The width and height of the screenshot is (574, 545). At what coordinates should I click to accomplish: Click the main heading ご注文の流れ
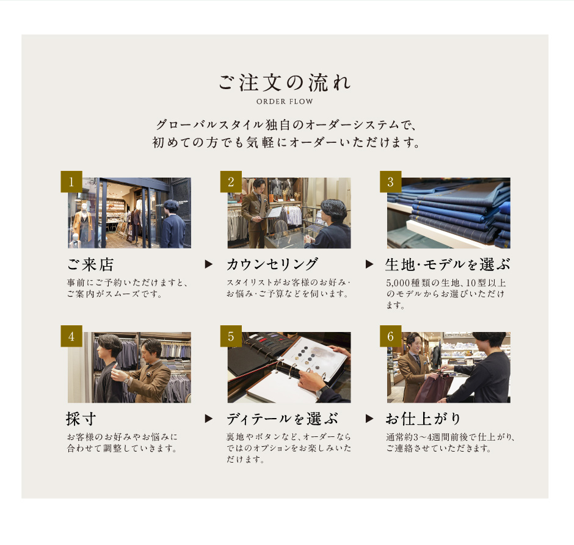285,82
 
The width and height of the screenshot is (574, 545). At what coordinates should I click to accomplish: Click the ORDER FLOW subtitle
285,102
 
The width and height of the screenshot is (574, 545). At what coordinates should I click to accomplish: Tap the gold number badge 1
71,181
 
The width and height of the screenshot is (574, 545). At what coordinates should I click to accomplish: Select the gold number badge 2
231,181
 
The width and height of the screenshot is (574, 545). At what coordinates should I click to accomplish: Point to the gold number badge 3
391,181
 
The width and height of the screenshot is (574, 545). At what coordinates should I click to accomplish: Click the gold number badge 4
71,336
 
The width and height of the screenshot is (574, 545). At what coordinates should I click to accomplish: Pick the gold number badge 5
231,336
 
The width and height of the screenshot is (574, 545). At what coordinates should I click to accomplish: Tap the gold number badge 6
391,336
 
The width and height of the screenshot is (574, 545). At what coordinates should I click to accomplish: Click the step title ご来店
90,264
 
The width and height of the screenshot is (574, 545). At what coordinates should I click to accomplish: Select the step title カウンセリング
272,264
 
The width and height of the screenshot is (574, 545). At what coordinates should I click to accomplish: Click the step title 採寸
81,419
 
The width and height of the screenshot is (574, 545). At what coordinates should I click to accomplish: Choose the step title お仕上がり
423,419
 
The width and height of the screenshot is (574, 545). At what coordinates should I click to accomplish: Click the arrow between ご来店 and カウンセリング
209,264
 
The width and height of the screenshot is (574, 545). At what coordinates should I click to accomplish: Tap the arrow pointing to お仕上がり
369,419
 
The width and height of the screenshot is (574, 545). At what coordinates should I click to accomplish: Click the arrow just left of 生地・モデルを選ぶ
369,264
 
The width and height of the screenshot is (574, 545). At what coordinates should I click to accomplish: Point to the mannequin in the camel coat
82,223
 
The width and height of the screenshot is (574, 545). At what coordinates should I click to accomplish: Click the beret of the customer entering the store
170,204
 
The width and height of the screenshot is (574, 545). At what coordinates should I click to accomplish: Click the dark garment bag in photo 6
434,388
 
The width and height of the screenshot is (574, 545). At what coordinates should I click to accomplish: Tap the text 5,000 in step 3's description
398,283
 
